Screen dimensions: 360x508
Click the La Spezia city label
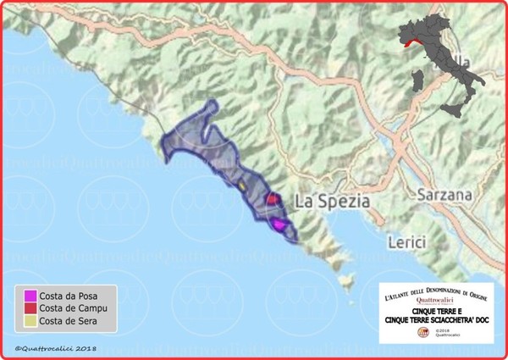pyautogui.click(x=333, y=202)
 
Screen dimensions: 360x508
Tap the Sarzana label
pyautogui.click(x=444, y=196)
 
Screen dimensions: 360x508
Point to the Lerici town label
pyautogui.click(x=405, y=242)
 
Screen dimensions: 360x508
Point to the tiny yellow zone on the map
pyautogui.click(x=241, y=183)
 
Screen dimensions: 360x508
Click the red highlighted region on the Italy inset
pyautogui.click(x=411, y=40)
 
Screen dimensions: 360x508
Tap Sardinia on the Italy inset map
pyautogui.click(x=416, y=83)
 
